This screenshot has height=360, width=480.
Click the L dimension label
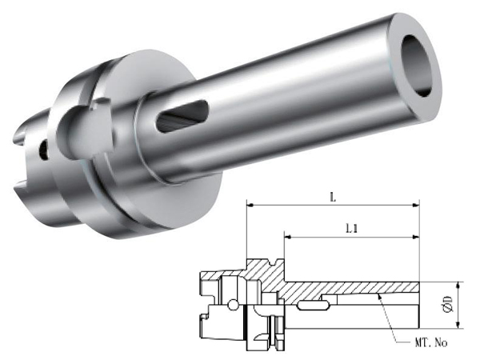pyautogui.click(x=333, y=198)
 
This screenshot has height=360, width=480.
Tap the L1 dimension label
pyautogui.click(x=351, y=229)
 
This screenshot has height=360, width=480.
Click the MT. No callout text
pyautogui.click(x=431, y=342)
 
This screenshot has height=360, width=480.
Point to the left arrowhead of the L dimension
pyautogui.click(x=250, y=206)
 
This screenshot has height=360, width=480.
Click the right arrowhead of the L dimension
pyautogui.click(x=416, y=206)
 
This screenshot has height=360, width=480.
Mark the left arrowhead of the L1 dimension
pyautogui.click(x=288, y=237)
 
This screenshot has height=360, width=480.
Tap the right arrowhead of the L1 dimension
pyautogui.click(x=416, y=237)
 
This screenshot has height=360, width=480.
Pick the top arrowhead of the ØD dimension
pyautogui.click(x=458, y=286)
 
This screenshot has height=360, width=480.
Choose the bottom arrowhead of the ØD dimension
pyautogui.click(x=458, y=325)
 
